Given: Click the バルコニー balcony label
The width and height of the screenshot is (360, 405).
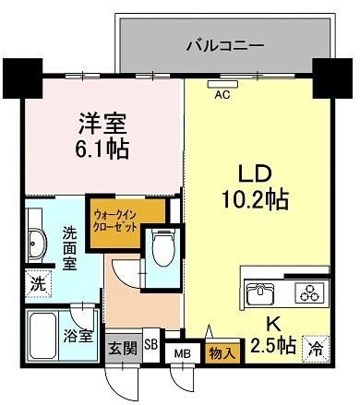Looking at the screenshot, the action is pyautogui.click(x=225, y=46).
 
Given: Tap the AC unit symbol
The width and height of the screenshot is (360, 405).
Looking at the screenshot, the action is pyautogui.click(x=223, y=84).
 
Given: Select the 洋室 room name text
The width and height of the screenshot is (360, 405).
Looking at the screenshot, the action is pyautogui.click(x=102, y=124).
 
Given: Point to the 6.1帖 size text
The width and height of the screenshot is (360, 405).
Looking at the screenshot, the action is pyautogui.click(x=102, y=149).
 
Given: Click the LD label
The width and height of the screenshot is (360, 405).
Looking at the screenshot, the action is pyautogui.click(x=255, y=174).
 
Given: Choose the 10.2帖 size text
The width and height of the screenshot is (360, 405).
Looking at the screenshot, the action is pyautogui.click(x=255, y=200).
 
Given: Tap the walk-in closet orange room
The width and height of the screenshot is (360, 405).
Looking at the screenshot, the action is pyautogui.click(x=126, y=222).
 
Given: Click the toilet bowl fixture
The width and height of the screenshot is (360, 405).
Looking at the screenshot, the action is pyautogui.click(x=163, y=248).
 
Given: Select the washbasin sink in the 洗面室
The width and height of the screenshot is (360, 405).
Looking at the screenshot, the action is pyautogui.click(x=37, y=244).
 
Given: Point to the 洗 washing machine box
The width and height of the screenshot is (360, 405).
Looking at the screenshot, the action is pyautogui.click(x=38, y=284).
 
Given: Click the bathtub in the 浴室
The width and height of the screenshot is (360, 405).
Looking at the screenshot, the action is pyautogui.click(x=43, y=335).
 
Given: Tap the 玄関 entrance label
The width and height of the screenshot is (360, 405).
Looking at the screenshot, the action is pyautogui.click(x=123, y=349).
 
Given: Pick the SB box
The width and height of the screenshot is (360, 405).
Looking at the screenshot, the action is pyautogui.click(x=151, y=345).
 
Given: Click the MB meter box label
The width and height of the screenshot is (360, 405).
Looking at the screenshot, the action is pyautogui.click(x=183, y=354).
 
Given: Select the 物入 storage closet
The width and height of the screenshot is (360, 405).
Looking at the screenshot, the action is pyautogui.click(x=222, y=351).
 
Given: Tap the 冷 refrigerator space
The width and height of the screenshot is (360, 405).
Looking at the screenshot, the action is pyautogui.click(x=316, y=349).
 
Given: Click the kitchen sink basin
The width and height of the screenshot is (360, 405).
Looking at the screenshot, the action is pyautogui.click(x=260, y=292).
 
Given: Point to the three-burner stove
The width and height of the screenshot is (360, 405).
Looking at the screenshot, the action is pyautogui.click(x=310, y=292).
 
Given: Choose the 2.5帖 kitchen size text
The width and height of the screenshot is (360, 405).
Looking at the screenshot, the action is pyautogui.click(x=273, y=345).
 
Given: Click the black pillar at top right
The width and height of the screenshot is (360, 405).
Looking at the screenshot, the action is pyautogui.click(x=332, y=78).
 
